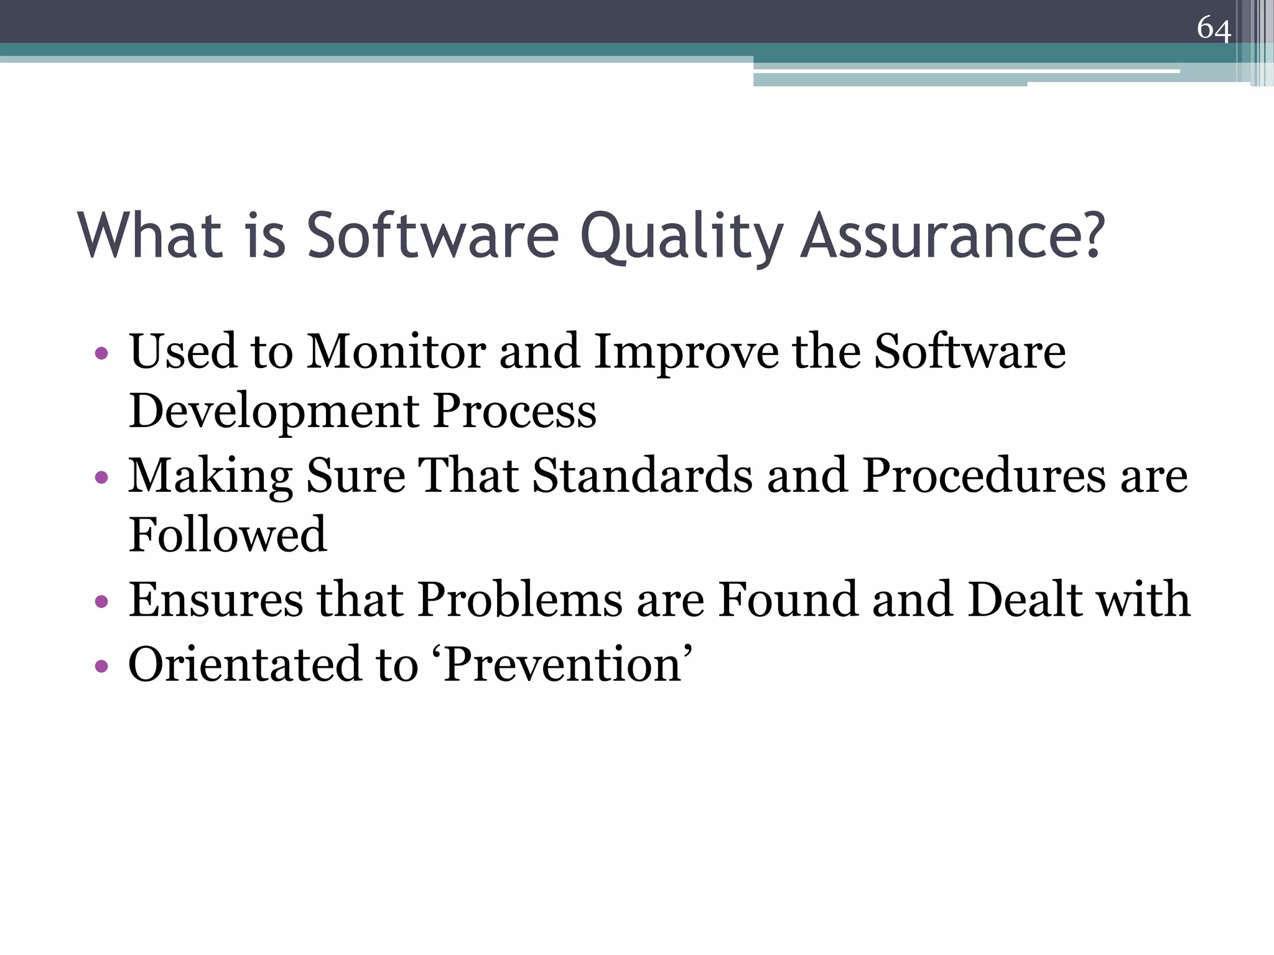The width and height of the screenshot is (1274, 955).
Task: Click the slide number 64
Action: point(1213,29)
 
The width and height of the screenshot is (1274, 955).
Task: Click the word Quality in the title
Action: point(681,236)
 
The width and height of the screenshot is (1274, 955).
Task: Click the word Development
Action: point(274,412)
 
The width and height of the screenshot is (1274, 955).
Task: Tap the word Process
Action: point(514,412)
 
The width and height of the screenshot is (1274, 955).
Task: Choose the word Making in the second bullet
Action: point(210,476)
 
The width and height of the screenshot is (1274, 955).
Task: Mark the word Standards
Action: point(642,476)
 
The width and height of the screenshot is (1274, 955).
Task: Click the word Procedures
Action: point(983,476)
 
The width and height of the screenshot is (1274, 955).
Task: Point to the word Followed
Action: point(228,535)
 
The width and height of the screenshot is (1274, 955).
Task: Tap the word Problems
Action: point(520,600)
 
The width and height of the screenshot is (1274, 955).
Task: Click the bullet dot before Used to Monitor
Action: point(101,354)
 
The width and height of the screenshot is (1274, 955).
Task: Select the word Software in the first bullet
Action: point(970,352)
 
